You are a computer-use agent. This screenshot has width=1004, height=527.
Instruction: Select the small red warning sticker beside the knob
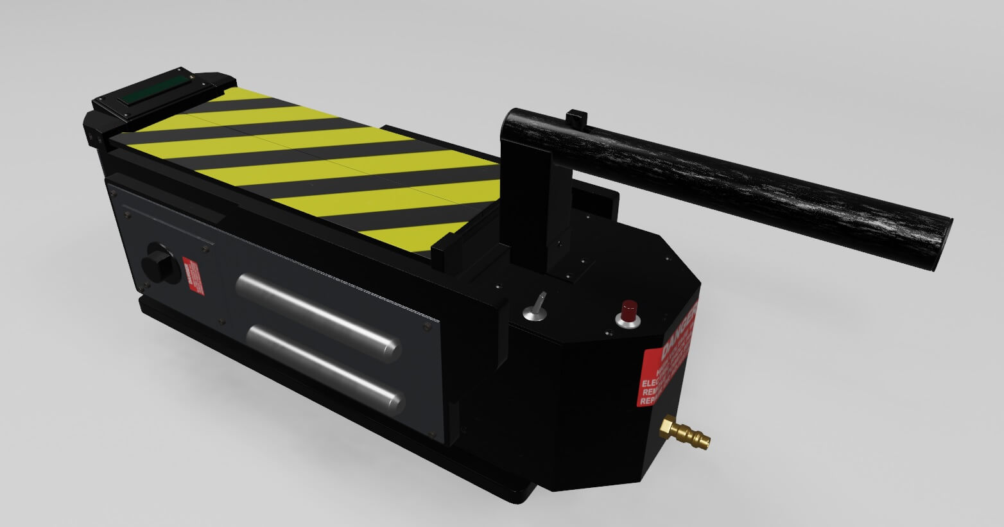coord(191,276)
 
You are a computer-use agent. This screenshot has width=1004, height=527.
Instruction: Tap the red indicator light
coord(628,308)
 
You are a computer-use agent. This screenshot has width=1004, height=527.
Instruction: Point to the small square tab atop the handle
coord(577,118)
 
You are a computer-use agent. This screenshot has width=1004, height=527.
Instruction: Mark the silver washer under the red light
coord(628,320)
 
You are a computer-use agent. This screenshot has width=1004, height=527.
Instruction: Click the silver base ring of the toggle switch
coord(533,315)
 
